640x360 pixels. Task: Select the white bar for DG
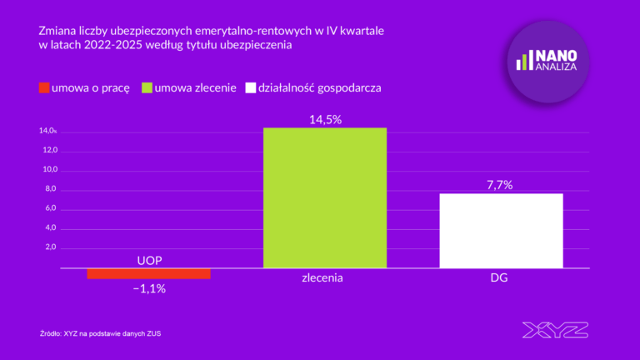point(501,231)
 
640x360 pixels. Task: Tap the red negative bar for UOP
point(148,273)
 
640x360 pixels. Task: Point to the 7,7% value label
point(501,185)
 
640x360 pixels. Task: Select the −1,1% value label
point(149,289)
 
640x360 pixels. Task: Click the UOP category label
point(149,261)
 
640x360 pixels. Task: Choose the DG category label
point(500,278)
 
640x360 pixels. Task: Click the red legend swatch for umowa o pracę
point(43,87)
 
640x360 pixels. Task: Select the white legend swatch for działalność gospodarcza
point(251,87)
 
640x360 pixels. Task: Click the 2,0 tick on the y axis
point(50,247)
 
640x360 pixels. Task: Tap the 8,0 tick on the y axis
point(50,189)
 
